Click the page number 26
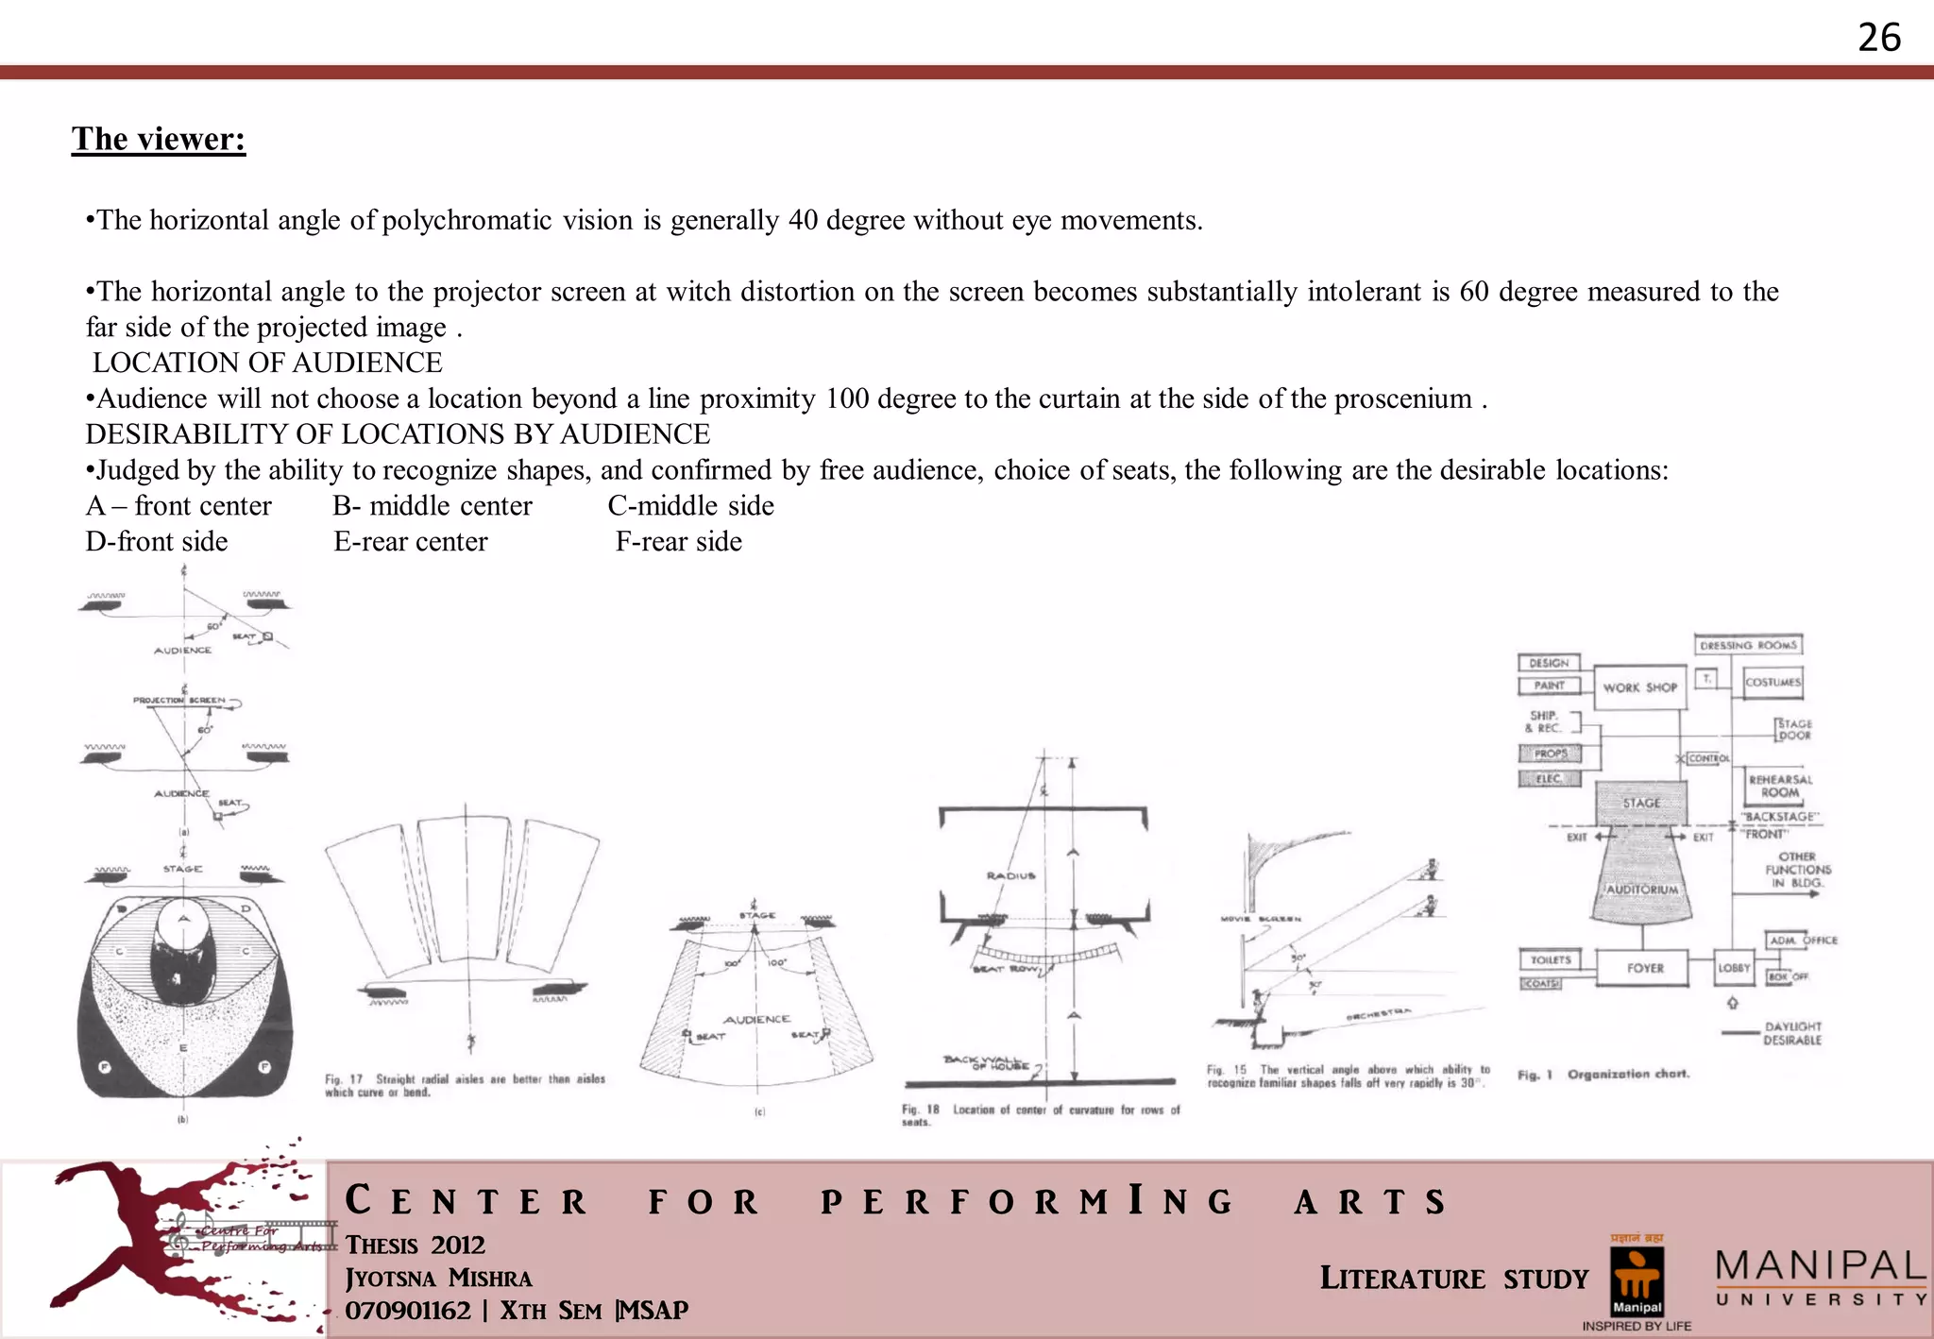click(1878, 38)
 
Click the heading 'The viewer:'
click(159, 140)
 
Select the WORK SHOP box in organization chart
click(1639, 687)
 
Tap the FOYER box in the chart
click(1644, 968)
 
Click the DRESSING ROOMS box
click(1748, 645)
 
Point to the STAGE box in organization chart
click(1641, 803)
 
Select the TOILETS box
click(1550, 959)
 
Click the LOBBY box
click(1734, 968)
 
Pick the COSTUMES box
click(1773, 682)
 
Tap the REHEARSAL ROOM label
click(1780, 786)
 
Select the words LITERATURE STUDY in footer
click(1453, 1279)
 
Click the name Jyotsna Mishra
click(438, 1278)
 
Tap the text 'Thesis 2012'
click(415, 1245)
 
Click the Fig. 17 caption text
click(465, 1085)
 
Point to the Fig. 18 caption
click(1040, 1114)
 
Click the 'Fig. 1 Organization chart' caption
click(1603, 1075)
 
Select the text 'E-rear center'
click(411, 542)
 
